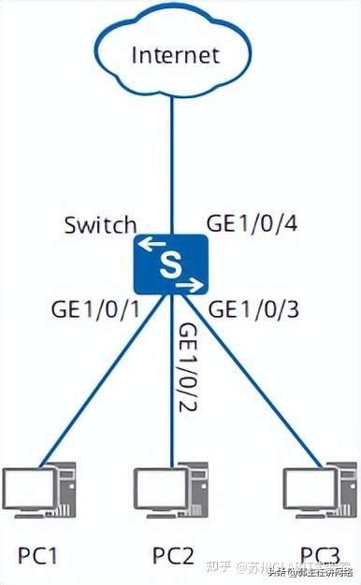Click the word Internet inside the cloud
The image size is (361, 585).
pyautogui.click(x=175, y=54)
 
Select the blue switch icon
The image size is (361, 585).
pyautogui.click(x=169, y=264)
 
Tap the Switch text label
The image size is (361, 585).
pyautogui.click(x=100, y=225)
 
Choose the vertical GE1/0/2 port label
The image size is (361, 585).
pyautogui.click(x=190, y=369)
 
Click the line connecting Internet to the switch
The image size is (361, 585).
pyautogui.click(x=172, y=159)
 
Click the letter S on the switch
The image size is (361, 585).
pyautogui.click(x=169, y=264)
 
